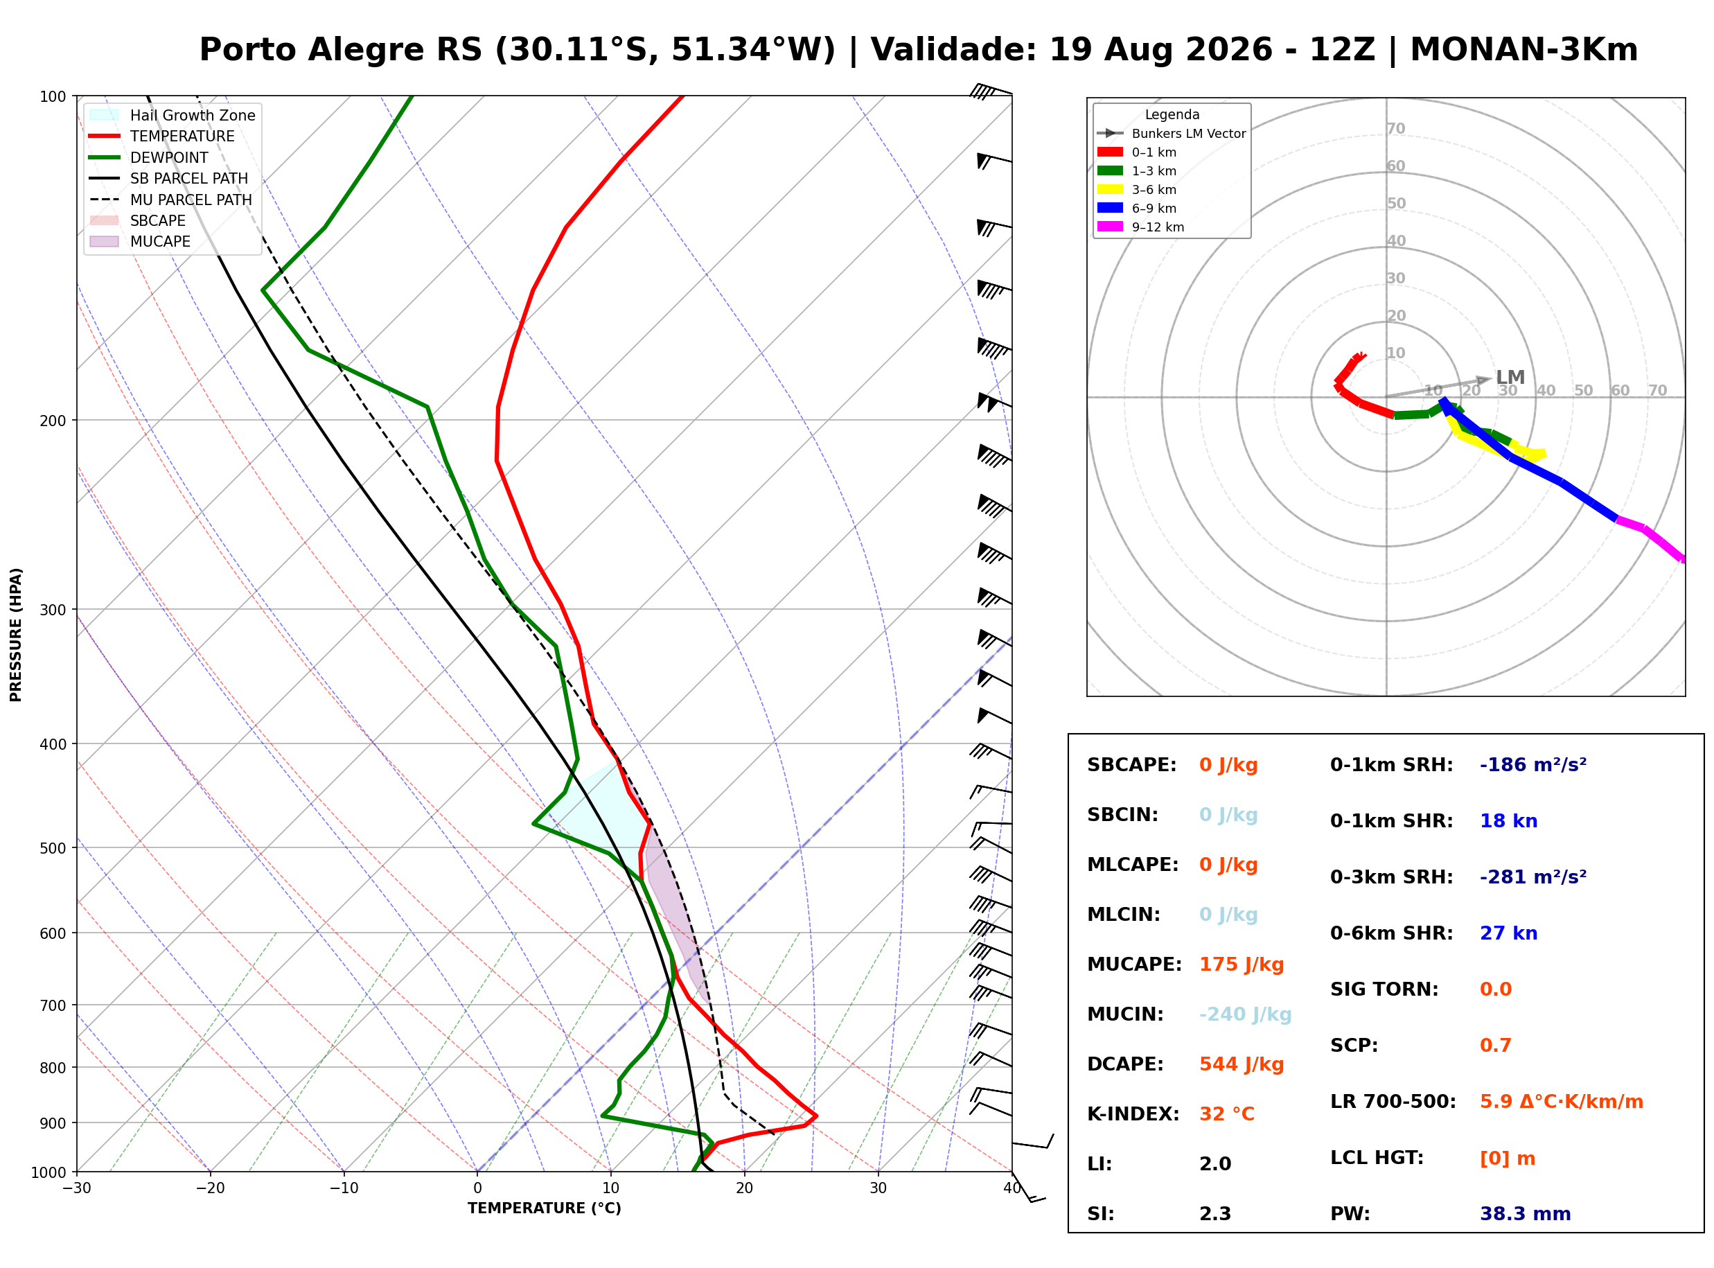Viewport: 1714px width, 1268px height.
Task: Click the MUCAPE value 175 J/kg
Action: coord(1241,964)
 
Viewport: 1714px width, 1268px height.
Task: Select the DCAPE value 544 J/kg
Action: coord(1241,1064)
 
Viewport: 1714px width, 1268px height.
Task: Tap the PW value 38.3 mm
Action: coord(1524,1213)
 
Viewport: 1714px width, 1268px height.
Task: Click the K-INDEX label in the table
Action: coord(1133,1113)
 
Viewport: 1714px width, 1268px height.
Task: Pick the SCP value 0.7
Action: coord(1494,1045)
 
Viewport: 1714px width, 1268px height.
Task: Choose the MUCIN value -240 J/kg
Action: coord(1244,1014)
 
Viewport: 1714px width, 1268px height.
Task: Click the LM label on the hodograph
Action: coord(1509,377)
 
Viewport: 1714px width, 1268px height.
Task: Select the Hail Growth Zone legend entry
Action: coord(173,115)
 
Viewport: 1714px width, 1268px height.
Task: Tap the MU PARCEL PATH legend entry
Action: coord(170,200)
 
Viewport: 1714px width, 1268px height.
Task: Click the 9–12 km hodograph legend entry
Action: coord(1140,227)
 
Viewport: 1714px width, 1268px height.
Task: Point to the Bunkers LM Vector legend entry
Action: coord(1171,134)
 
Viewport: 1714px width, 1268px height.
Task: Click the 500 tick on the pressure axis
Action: coord(54,848)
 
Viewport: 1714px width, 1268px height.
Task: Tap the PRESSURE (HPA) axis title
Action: coord(16,634)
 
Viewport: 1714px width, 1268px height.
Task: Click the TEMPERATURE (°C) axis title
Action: coord(544,1208)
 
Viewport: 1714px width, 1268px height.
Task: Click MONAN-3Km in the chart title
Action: coord(1523,50)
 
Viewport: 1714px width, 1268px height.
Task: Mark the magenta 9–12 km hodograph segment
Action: coord(1650,539)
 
